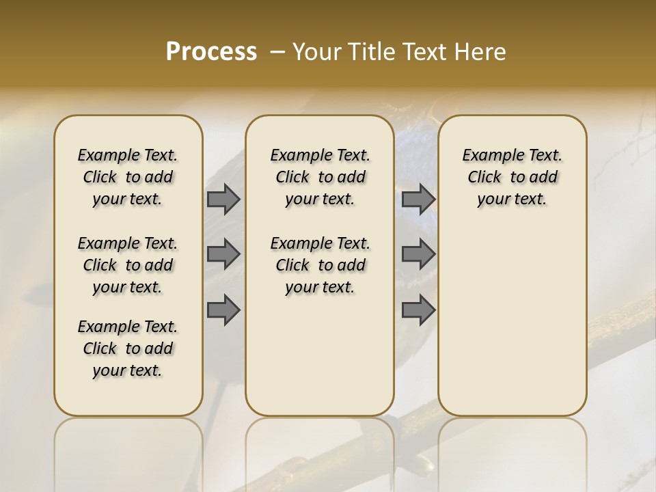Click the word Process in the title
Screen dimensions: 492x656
[x=211, y=52]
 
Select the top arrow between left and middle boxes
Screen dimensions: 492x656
[x=223, y=200]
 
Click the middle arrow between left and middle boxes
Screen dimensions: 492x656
[x=223, y=254]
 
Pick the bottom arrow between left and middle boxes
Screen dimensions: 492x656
[x=223, y=310]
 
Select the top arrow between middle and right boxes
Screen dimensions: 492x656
[x=418, y=200]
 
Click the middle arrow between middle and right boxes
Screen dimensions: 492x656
[x=418, y=254]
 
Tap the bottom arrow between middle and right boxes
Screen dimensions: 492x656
[x=418, y=310]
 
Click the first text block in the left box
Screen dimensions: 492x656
[x=128, y=177]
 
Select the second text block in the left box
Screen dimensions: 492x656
[x=128, y=265]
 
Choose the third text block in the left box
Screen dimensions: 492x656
[x=128, y=348]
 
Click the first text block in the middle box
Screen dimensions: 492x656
[x=320, y=177]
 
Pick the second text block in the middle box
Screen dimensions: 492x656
[x=320, y=265]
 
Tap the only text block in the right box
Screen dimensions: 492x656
[x=512, y=177]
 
